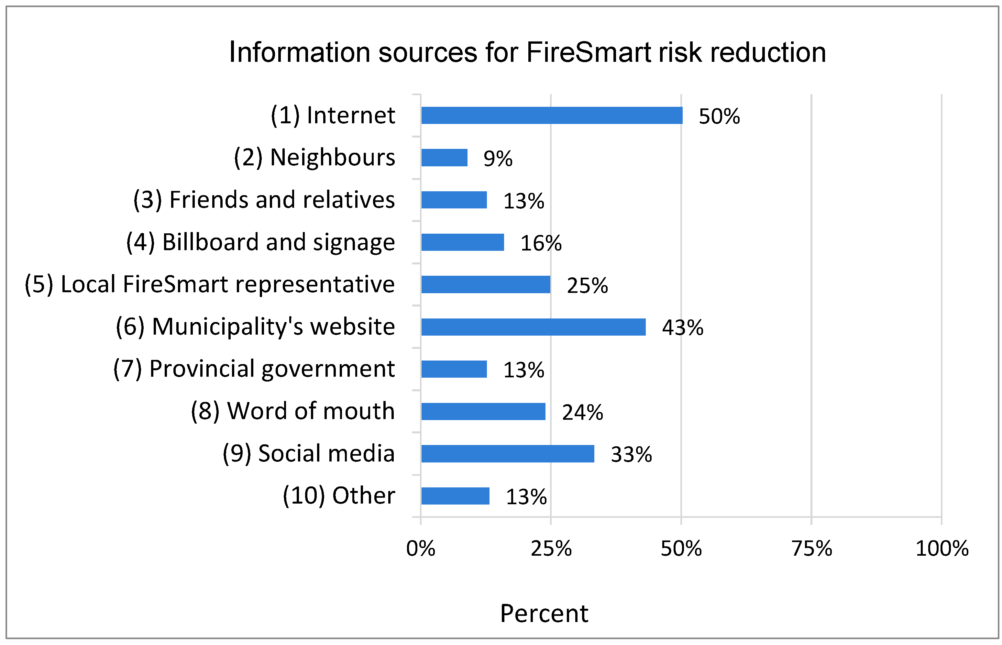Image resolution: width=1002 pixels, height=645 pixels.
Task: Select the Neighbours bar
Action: pyautogui.click(x=444, y=158)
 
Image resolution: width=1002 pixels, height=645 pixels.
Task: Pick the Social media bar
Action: pyautogui.click(x=508, y=454)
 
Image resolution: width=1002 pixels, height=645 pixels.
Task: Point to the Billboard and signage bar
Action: pyautogui.click(x=462, y=242)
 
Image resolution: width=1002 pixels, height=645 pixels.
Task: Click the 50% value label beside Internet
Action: pyautogui.click(x=719, y=117)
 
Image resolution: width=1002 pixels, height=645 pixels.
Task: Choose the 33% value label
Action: pyautogui.click(x=631, y=454)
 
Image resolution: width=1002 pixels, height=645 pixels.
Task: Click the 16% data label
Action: pyautogui.click(x=541, y=243)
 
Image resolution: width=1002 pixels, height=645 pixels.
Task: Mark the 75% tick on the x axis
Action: pyautogui.click(x=811, y=548)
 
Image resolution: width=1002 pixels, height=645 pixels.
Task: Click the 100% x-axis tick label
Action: pyautogui.click(x=942, y=548)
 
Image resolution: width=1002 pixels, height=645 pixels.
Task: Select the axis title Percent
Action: pyautogui.click(x=544, y=614)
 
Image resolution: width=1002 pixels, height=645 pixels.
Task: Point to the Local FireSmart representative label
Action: pyautogui.click(x=210, y=284)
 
